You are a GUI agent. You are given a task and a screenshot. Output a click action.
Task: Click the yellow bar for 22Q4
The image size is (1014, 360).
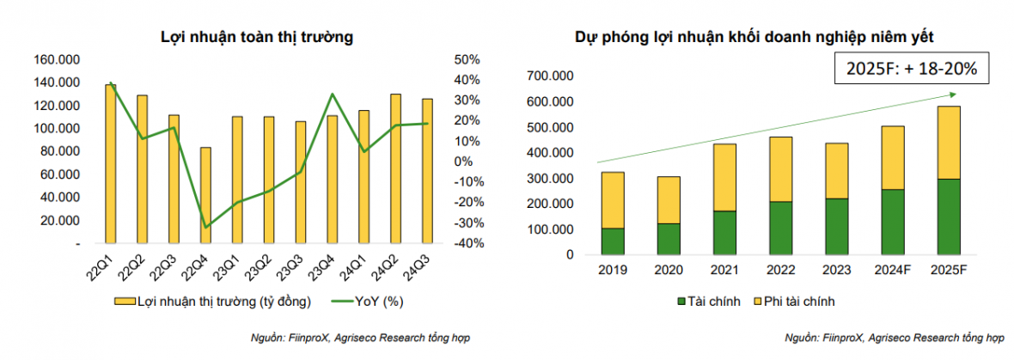205,195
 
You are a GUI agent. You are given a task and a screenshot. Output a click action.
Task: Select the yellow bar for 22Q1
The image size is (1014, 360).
111,163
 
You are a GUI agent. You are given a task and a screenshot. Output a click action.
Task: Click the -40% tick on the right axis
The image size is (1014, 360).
464,243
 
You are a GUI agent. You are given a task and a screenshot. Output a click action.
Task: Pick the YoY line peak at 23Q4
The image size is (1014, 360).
332,95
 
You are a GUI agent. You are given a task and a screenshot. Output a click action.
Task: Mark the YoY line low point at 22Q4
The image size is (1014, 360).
205,227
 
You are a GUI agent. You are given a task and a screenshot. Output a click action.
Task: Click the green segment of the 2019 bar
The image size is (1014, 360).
613,241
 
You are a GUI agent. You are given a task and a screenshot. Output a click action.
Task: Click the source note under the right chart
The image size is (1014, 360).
894,339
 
